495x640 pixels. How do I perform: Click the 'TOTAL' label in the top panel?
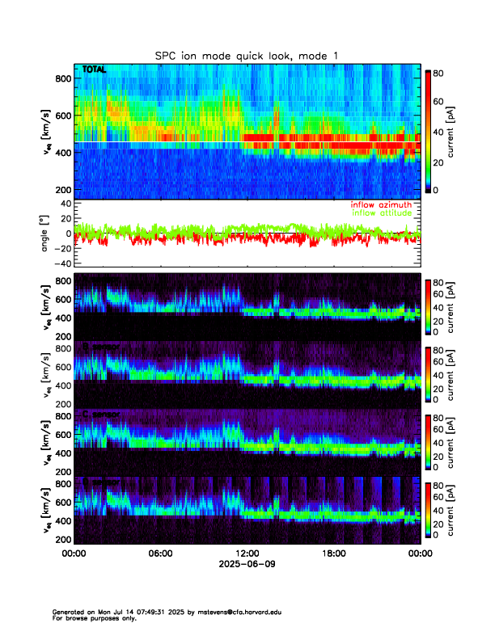point(95,70)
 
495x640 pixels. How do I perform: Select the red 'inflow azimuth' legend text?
point(381,205)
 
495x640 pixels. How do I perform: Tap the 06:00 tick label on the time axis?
point(161,554)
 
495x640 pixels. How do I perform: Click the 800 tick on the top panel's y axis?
point(62,78)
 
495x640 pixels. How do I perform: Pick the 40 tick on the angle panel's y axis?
point(66,204)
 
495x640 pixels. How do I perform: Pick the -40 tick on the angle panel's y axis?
point(62,263)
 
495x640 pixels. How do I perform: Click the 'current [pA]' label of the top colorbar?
point(464,131)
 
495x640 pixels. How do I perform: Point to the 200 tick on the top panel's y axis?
point(62,190)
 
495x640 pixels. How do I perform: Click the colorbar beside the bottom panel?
point(429,510)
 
